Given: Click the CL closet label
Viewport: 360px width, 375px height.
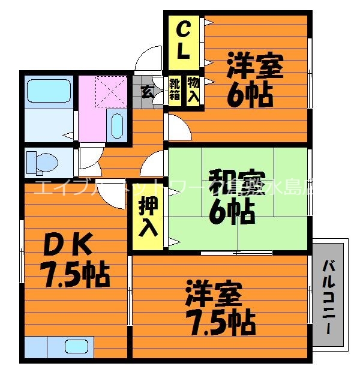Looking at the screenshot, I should point(184,40).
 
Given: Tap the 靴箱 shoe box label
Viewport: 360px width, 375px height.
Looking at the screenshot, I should point(175,89).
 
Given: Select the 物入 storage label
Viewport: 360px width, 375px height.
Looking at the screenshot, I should point(193,89).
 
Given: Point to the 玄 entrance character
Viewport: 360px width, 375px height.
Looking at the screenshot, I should point(146,91).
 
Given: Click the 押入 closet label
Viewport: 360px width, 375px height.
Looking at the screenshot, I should point(148,218).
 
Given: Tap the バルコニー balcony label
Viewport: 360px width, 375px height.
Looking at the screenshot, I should point(329,298).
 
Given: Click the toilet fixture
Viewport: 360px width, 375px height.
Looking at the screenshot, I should point(42,162).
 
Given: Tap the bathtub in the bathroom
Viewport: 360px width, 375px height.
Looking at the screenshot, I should point(49,91).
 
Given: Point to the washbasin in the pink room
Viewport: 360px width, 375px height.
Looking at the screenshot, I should point(117,126).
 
